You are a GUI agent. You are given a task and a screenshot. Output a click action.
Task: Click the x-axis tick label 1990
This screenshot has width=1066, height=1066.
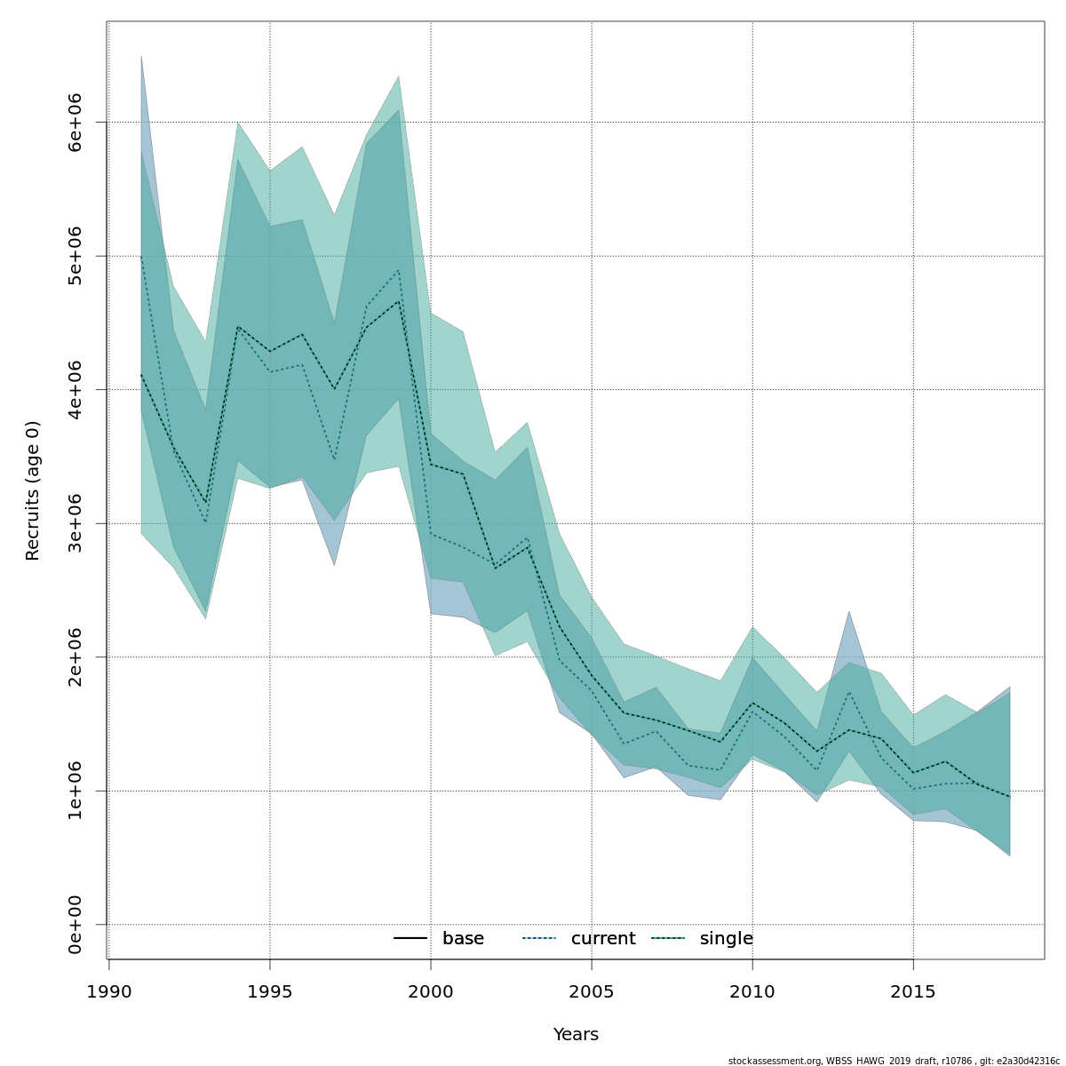pos(108,991)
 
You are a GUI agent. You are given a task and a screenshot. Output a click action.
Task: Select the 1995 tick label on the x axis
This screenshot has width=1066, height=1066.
pos(270,991)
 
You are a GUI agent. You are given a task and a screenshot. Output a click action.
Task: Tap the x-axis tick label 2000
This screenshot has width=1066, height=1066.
pos(431,991)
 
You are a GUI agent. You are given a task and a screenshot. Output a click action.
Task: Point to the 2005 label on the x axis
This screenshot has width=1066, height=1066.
pos(592,991)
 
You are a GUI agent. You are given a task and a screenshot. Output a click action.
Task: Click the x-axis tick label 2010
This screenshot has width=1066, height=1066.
pos(752,991)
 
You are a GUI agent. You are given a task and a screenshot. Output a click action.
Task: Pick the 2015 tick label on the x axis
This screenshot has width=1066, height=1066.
pos(913,991)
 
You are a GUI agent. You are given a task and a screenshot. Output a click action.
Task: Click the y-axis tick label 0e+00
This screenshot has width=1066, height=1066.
pos(75,925)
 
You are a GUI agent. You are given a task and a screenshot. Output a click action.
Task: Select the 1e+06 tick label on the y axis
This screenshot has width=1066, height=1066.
pos(75,791)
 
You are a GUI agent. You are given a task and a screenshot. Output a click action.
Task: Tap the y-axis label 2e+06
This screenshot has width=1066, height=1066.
pos(75,656)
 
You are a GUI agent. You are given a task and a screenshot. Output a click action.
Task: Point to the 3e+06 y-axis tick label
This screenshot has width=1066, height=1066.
pos(75,523)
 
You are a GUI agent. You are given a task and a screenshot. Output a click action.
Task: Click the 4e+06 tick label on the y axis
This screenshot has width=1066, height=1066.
pos(75,389)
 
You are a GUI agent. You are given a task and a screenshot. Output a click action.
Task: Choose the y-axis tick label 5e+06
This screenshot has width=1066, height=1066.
pos(75,256)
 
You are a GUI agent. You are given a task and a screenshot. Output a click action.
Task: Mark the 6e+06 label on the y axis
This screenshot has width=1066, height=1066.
pos(75,122)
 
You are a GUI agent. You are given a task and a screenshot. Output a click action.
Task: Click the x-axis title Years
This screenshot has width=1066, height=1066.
pos(576,1035)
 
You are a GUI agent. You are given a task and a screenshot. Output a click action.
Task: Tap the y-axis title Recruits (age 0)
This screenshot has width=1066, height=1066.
pos(33,490)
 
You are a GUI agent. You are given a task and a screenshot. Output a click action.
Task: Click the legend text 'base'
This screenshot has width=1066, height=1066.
pos(463,939)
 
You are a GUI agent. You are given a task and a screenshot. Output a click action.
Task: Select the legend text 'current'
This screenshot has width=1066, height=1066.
pos(603,939)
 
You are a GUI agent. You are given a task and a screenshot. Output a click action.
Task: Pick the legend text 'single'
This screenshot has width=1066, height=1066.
pos(726,939)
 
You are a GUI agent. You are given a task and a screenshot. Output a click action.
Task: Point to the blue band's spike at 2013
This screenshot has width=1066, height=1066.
pos(849,613)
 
